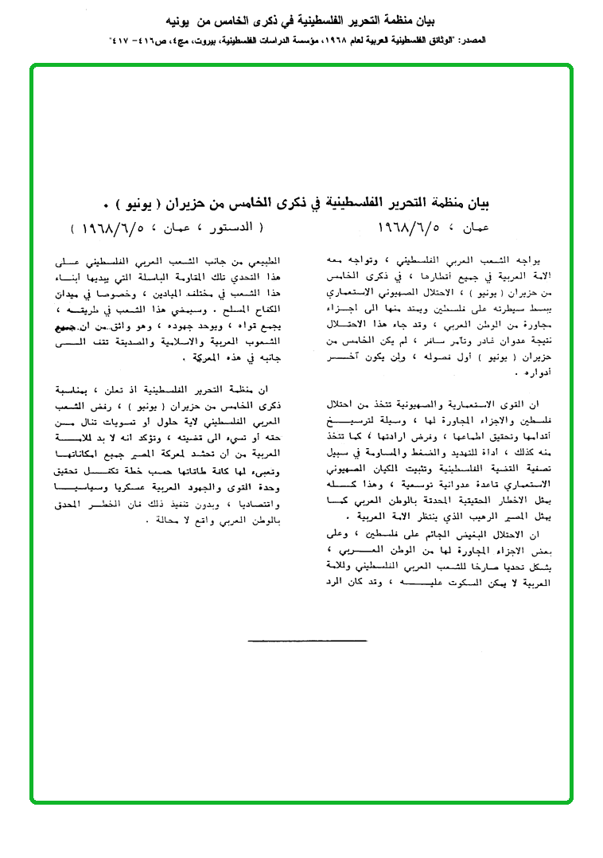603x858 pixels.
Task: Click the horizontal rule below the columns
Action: click(x=307, y=641)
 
